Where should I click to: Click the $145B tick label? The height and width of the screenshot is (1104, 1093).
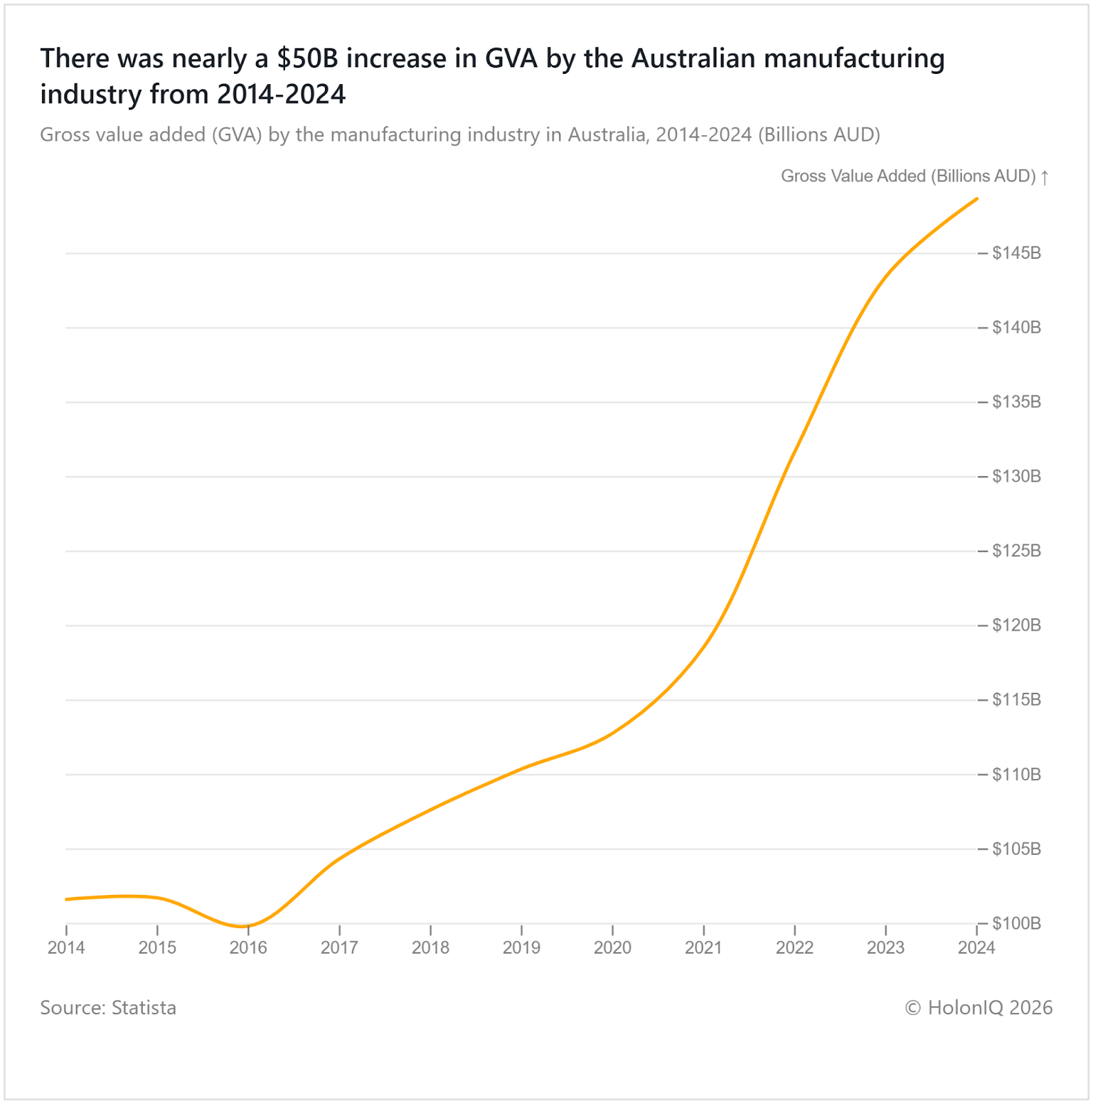1016,253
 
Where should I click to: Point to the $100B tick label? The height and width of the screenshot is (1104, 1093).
1016,923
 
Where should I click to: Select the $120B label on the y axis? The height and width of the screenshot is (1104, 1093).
1016,625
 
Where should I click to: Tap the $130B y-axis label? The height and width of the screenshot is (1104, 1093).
1016,476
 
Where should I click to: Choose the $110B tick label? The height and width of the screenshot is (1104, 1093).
1016,774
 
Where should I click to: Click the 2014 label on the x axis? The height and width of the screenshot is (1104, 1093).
66,948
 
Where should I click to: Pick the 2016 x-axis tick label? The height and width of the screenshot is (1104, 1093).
248,948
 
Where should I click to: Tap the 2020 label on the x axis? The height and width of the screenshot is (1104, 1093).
613,948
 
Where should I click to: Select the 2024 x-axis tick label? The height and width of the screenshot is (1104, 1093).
976,948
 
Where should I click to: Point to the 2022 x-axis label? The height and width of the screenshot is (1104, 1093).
795,948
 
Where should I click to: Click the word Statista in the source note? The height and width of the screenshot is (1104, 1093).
144,1008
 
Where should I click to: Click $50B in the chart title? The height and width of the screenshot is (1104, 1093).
308,59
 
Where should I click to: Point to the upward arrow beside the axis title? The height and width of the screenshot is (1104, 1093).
1045,177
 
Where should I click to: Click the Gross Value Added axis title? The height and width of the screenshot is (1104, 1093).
908,177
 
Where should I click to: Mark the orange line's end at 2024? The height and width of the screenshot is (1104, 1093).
976,199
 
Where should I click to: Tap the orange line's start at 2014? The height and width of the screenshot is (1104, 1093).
67,899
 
